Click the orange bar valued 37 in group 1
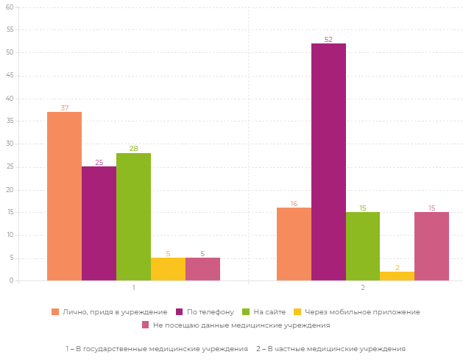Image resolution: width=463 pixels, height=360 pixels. coord(64,196)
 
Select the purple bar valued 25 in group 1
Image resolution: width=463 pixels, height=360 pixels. coord(99,223)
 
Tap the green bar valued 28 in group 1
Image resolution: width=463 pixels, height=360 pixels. coord(133,216)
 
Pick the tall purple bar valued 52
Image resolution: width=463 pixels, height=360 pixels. coord(328,162)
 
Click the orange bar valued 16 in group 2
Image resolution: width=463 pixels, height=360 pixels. coord(294,244)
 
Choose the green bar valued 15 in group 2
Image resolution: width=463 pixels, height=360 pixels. coord(363,246)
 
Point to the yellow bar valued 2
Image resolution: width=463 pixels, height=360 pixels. coord(397,276)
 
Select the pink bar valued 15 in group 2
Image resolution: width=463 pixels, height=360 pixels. coord(431,246)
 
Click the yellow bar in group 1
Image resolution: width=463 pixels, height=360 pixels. coord(168,269)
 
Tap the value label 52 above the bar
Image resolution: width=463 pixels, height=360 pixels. coord(328,40)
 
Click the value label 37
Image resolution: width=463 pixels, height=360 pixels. coord(64,108)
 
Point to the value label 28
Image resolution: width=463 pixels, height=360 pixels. coord(133,149)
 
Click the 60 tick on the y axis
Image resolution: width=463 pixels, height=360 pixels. coord(10,7)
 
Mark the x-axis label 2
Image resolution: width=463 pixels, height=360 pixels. coord(363,288)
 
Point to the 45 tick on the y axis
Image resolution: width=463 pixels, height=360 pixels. coord(10,76)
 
